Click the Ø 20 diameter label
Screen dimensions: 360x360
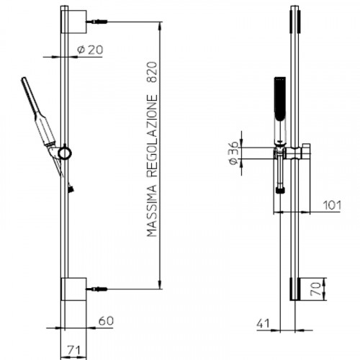pyautogui.click(x=90, y=50)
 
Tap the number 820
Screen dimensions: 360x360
pyautogui.click(x=152, y=73)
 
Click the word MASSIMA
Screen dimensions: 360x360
pyautogui.click(x=152, y=211)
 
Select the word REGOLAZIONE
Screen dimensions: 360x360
pyautogui.click(x=152, y=136)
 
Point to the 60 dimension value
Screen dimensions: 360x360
pyautogui.click(x=106, y=321)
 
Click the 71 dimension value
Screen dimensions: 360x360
pyautogui.click(x=73, y=351)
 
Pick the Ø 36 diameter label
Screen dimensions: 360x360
pyautogui.click(x=233, y=153)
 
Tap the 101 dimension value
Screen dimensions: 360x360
pyautogui.click(x=332, y=205)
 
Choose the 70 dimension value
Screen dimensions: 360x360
pyautogui.click(x=316, y=289)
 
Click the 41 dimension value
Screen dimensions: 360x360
pyautogui.click(x=263, y=323)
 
